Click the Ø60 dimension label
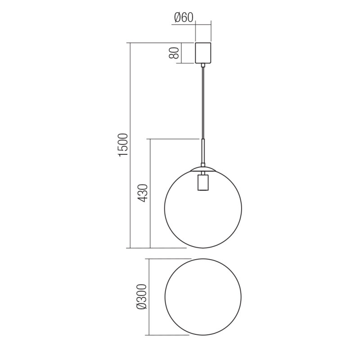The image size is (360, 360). pyautogui.click(x=183, y=18)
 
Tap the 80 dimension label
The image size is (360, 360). pyautogui.click(x=174, y=53)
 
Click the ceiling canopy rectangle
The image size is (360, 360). pyautogui.click(x=203, y=53)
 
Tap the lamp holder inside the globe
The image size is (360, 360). pyautogui.click(x=203, y=182)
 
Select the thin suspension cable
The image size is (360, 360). pyautogui.click(x=203, y=103)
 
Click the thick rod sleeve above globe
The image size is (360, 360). pyautogui.click(x=203, y=151)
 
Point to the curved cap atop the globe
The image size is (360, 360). pyautogui.click(x=203, y=169)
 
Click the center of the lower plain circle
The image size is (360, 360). pyautogui.click(x=203, y=297)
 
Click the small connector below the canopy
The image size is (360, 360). pyautogui.click(x=203, y=66)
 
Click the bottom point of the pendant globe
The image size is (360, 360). pyautogui.click(x=203, y=247)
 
